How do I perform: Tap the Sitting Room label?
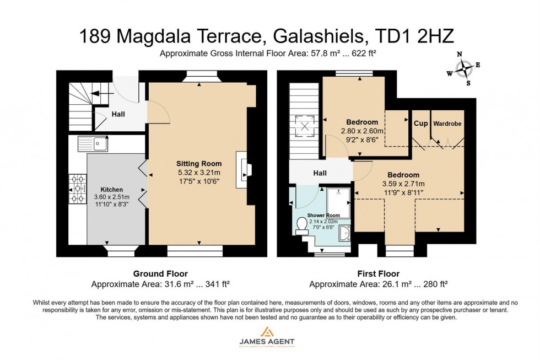[199, 163]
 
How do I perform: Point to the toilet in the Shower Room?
[301, 225]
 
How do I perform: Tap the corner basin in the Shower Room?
[344, 233]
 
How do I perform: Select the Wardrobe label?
[447, 123]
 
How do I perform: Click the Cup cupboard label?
[421, 123]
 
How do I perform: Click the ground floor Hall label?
[118, 115]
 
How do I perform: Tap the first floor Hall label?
[320, 173]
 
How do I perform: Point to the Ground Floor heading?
[160, 273]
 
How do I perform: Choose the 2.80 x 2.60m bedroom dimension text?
[362, 131]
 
